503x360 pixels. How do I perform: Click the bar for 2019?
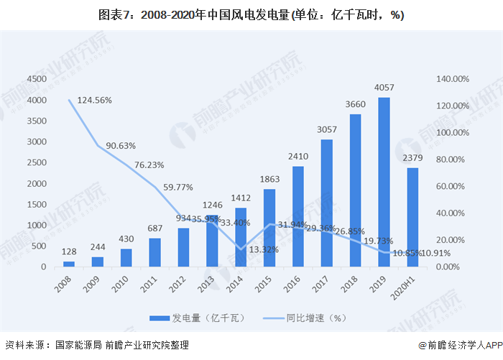[x=384, y=183]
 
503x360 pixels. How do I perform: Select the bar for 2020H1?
[x=412, y=218]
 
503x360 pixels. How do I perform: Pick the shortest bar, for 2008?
[x=69, y=264]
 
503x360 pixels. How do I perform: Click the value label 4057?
[x=384, y=88]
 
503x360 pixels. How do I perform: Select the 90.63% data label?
[x=121, y=145]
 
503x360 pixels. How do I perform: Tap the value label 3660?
[x=355, y=105]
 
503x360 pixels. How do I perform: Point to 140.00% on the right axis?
[x=453, y=79]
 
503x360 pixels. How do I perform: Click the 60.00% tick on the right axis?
[x=453, y=186]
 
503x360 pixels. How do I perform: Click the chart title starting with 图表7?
[x=251, y=15]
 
